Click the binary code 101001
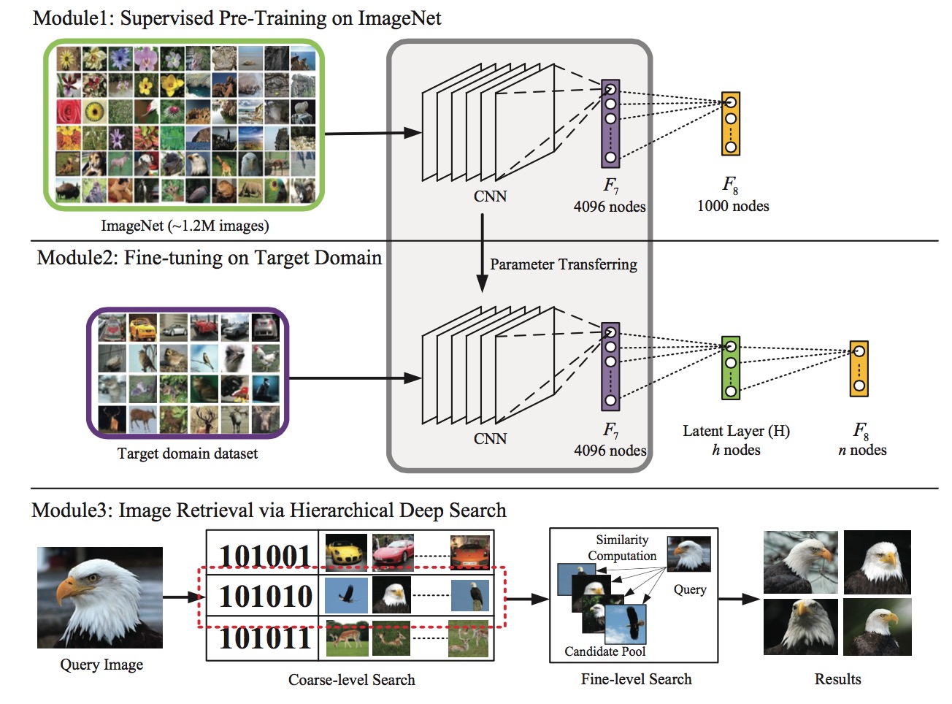tap(265, 556)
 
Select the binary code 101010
tap(265, 596)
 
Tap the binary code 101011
tap(265, 638)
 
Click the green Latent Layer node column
tap(731, 367)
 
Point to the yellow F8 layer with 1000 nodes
tap(731, 123)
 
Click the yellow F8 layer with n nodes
tap(859, 369)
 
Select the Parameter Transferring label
tap(563, 264)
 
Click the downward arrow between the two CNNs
tap(482, 253)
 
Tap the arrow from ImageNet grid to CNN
tap(372, 133)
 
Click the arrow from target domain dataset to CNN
tap(355, 378)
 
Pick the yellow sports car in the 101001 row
tap(346, 551)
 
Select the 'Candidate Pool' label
tap(604, 651)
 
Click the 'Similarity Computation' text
tap(622, 547)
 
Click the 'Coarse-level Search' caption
tap(352, 679)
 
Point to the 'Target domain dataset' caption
tap(188, 454)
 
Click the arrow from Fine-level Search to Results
tap(739, 598)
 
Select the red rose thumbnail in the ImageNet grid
tap(68, 111)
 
